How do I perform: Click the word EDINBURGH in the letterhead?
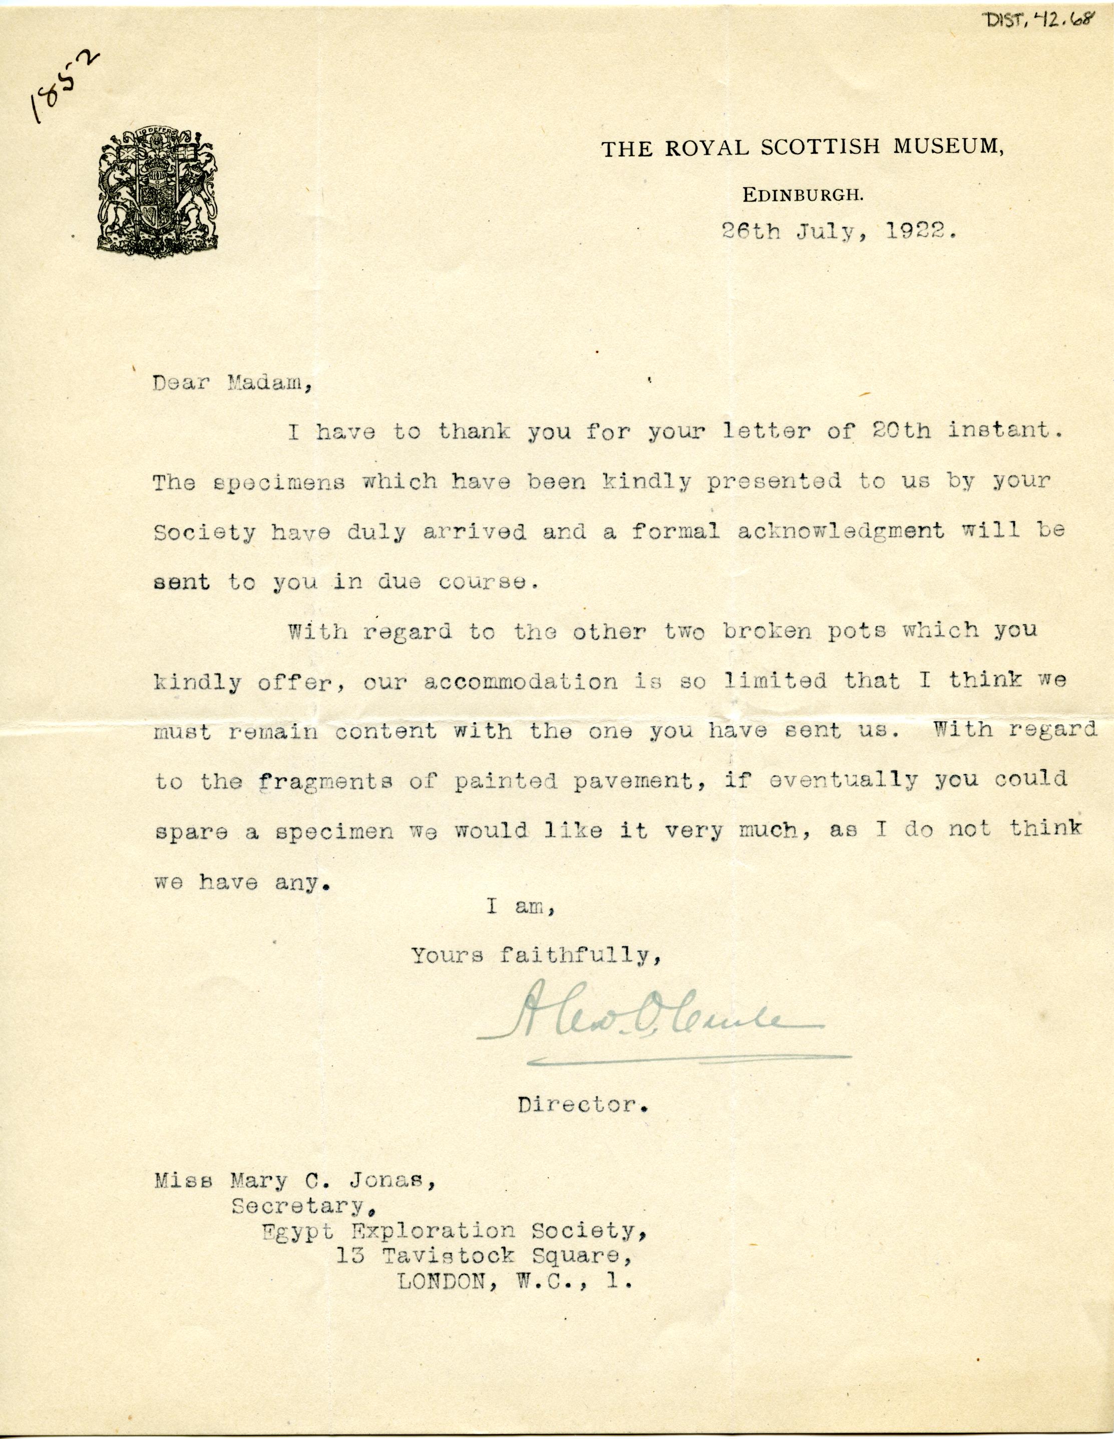(x=803, y=194)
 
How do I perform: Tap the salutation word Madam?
(x=269, y=384)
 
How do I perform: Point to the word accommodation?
(x=520, y=681)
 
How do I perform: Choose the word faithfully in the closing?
(x=580, y=955)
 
